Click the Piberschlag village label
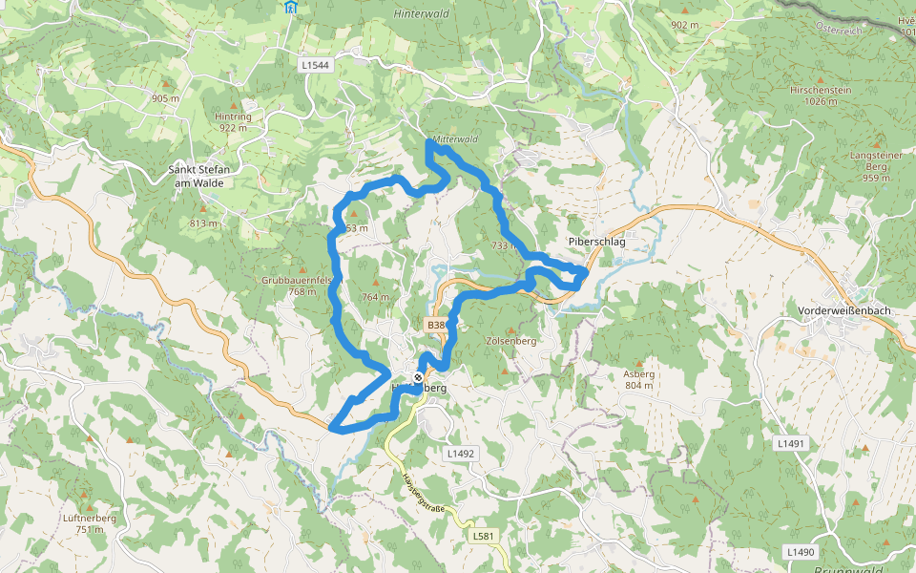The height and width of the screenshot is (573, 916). pos(596,243)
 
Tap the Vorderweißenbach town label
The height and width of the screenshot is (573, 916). pos(843,311)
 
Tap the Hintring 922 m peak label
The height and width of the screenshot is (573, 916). pos(233,121)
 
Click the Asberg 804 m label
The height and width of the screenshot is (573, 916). pos(638,379)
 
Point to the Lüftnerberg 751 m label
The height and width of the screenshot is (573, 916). pos(89,523)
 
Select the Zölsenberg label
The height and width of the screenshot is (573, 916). pos(511,340)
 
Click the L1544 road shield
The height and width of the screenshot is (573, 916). pos(314,65)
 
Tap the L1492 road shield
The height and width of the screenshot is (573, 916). pos(460,454)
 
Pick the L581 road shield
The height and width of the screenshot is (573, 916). pos(484,537)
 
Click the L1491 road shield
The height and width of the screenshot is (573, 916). pos(791,444)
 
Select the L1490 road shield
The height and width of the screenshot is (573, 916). pos(801,552)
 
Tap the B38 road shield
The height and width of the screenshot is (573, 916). pos(436,326)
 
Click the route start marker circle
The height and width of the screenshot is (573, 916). pos(418,377)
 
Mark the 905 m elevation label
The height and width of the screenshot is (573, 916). pos(165,98)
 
